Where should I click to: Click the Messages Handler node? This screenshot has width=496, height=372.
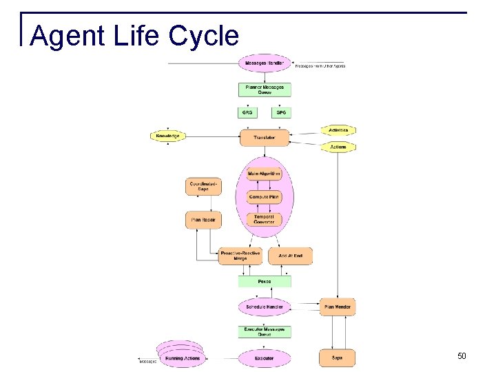tap(265, 64)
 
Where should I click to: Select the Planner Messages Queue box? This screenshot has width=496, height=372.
tap(265, 90)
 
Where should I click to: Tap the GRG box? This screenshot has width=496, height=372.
tap(247, 112)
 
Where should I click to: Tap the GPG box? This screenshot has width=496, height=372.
tap(281, 112)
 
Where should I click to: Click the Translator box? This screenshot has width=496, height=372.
tap(265, 138)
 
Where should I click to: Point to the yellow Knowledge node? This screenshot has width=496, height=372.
tap(167, 136)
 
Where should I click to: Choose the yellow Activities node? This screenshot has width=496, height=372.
tap(338, 130)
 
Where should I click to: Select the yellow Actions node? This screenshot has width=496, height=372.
tap(338, 147)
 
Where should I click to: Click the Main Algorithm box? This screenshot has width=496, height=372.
tap(265, 174)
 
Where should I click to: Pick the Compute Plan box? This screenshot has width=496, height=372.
tap(265, 197)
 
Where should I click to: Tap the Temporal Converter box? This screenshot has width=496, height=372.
tap(265, 219)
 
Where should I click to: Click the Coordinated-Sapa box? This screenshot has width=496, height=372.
tap(204, 187)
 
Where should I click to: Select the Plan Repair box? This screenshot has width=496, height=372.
tap(204, 220)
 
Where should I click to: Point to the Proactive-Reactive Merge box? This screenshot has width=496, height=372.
tap(240, 256)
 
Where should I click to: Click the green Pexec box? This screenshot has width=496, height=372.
tap(265, 281)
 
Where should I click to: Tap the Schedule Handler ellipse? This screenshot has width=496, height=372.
tap(265, 307)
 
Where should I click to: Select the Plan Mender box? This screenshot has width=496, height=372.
tap(338, 307)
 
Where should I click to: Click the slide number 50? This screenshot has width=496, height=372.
tap(462, 356)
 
